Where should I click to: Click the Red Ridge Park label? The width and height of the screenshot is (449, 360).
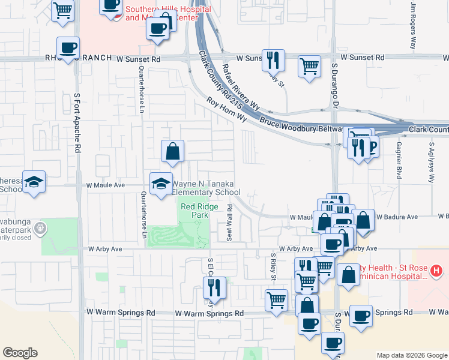point(194,210)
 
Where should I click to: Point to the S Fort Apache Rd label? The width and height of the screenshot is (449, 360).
point(77,132)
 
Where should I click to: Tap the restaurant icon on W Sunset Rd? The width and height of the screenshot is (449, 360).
point(273,59)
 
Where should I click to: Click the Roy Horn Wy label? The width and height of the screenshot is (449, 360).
point(227,110)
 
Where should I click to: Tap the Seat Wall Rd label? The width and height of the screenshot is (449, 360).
point(230,223)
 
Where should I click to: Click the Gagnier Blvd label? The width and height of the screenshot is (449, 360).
point(398,161)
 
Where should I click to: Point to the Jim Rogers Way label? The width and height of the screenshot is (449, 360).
point(413,25)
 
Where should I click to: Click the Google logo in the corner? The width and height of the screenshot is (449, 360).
point(20,353)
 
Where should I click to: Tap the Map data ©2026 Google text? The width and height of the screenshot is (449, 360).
point(412,355)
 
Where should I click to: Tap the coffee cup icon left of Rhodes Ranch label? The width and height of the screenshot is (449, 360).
point(68,48)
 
